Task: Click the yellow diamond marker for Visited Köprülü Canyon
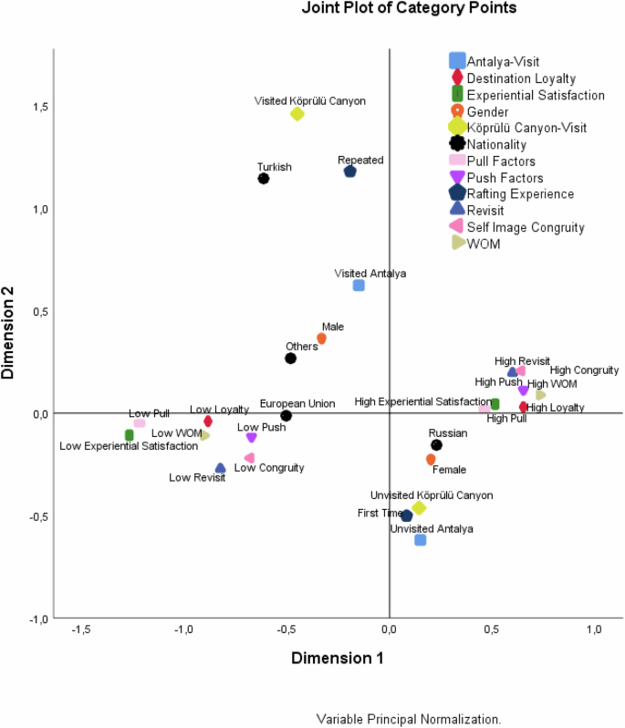pos(297,114)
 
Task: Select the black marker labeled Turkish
pos(264,178)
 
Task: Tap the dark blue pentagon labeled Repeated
pos(349,172)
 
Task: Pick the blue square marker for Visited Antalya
pos(359,286)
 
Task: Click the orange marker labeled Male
pos(321,338)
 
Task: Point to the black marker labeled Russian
pos(436,445)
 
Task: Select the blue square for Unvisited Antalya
pos(421,540)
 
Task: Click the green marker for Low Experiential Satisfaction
pos(130,435)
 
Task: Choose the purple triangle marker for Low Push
pos(252,438)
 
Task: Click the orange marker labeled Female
pos(431,460)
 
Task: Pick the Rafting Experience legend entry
pos(520,193)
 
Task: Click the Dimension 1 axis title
pos(337,658)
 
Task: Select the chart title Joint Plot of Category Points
pos(409,8)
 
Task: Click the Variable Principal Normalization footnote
pos(409,719)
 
